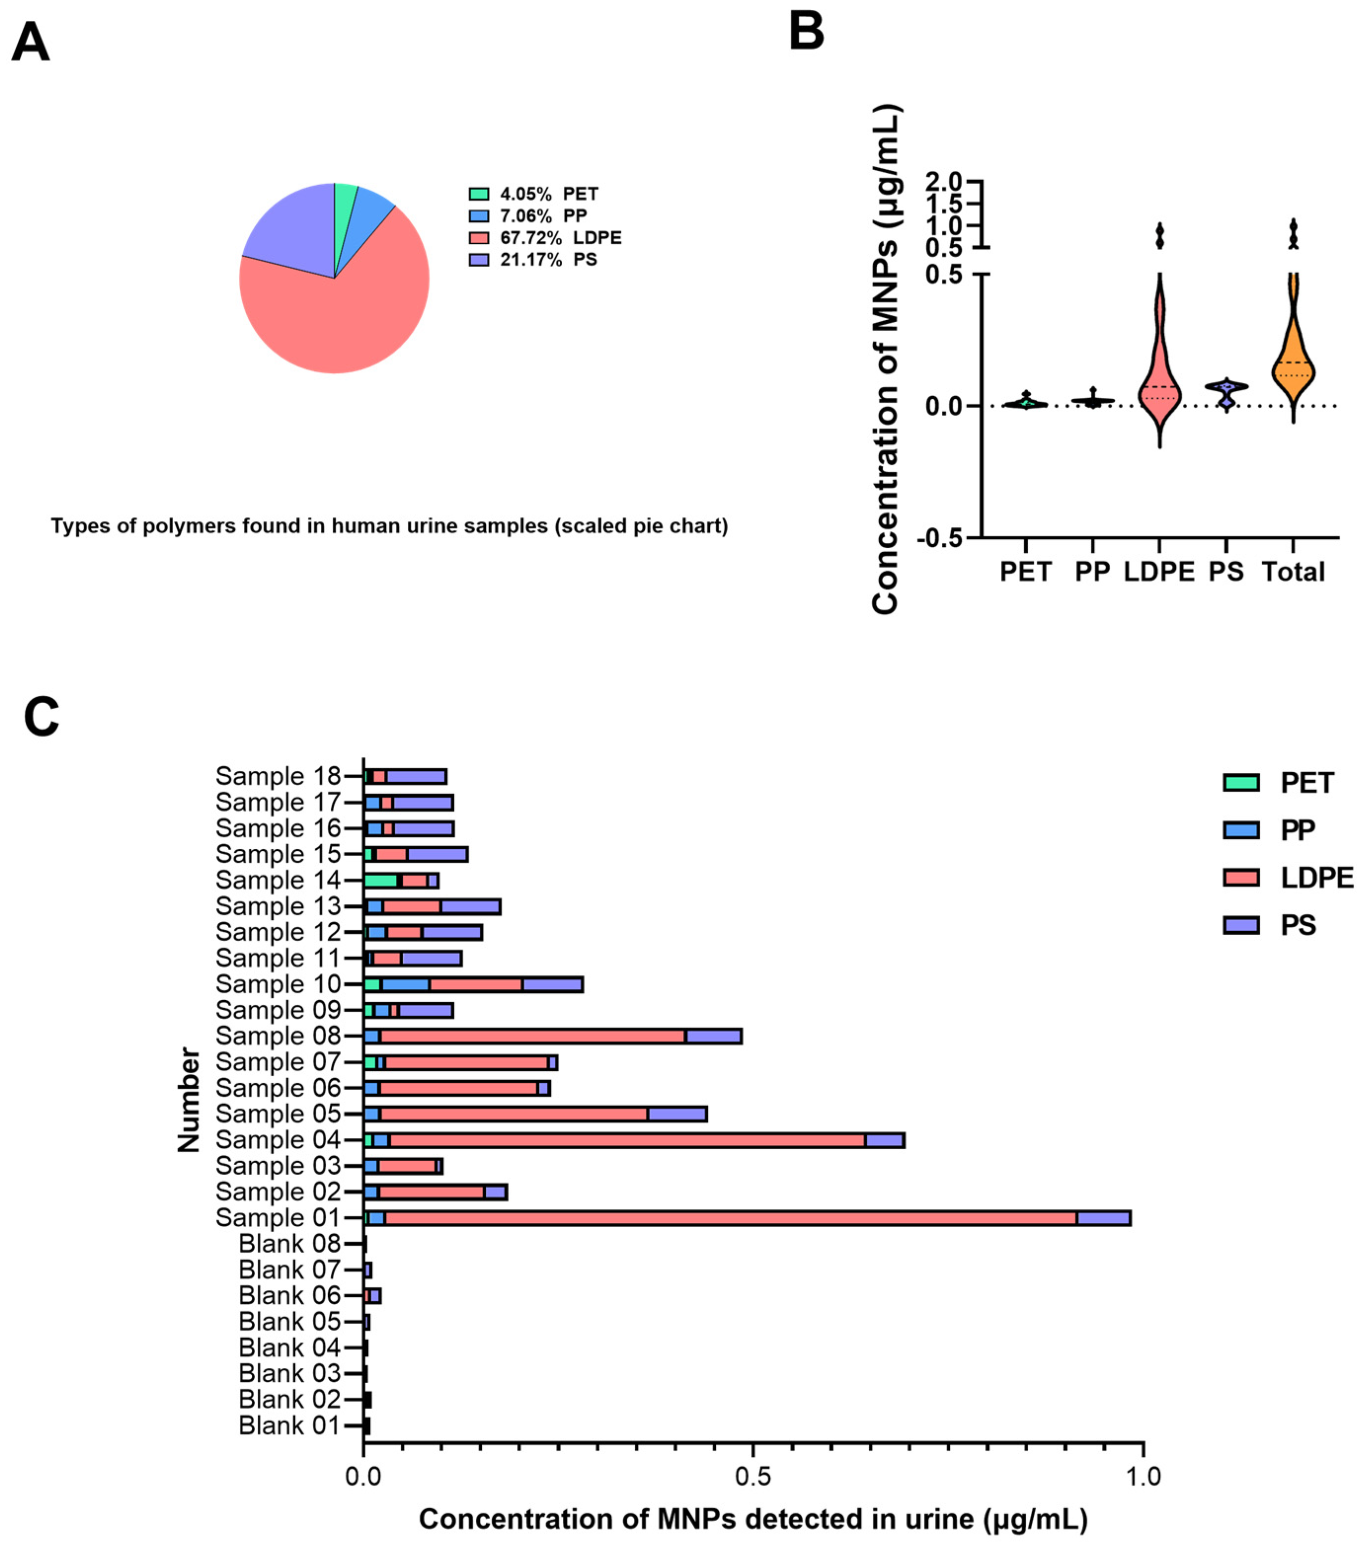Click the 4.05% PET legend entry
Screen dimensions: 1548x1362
(x=548, y=194)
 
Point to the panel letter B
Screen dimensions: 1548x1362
(x=806, y=32)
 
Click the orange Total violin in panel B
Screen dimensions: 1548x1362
(x=1293, y=364)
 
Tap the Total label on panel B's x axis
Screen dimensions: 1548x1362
(x=1293, y=572)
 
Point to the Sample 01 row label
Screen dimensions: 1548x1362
(x=278, y=1218)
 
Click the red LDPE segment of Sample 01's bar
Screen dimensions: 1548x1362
(x=727, y=1218)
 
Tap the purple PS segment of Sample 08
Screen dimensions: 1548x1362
(x=713, y=1036)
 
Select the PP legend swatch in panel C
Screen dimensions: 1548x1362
(x=1241, y=830)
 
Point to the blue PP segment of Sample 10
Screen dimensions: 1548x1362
(x=405, y=984)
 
